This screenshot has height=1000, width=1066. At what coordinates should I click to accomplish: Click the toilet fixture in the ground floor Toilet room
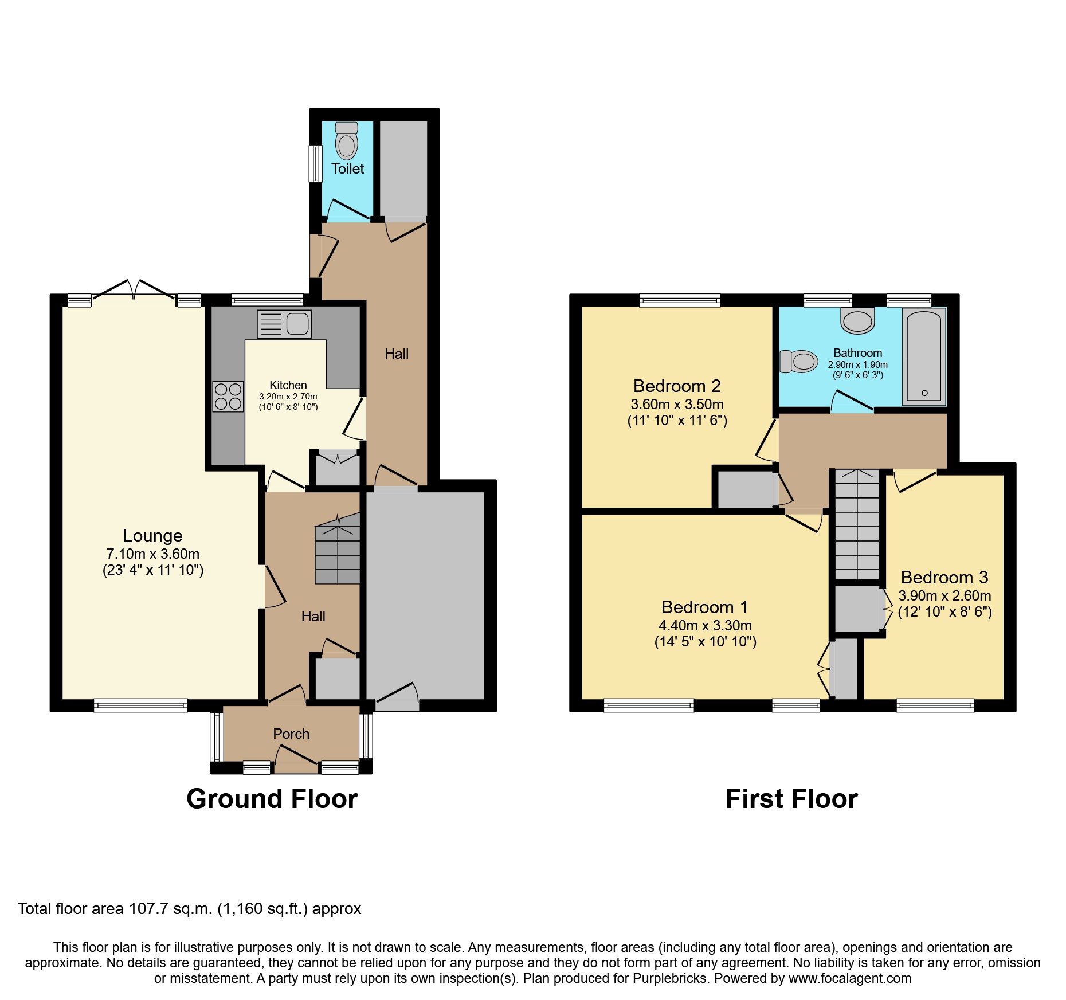click(346, 142)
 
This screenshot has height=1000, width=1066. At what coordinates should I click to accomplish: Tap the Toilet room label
click(347, 169)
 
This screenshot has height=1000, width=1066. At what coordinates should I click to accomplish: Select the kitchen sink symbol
click(285, 324)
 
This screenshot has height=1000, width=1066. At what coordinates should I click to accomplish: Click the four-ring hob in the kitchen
click(228, 397)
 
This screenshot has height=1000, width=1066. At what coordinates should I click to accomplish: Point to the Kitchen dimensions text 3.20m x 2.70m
click(288, 397)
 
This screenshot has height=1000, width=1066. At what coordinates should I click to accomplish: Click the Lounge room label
click(152, 536)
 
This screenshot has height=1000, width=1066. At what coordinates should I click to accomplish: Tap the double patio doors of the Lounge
click(134, 289)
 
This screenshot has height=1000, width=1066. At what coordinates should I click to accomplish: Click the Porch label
click(291, 734)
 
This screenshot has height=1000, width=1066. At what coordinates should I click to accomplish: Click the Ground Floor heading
click(272, 799)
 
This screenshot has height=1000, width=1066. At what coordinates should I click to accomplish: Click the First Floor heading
click(791, 799)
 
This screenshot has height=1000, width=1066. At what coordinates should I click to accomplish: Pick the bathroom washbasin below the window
click(857, 321)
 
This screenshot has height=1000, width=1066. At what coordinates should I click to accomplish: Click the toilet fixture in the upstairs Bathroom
click(799, 362)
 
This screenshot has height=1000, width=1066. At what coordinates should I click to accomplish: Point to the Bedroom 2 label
click(677, 386)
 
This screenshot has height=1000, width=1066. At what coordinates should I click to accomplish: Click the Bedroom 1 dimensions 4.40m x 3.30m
click(705, 626)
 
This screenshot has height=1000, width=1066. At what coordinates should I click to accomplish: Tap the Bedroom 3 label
click(944, 578)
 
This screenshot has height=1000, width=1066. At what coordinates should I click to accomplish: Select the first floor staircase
click(857, 524)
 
